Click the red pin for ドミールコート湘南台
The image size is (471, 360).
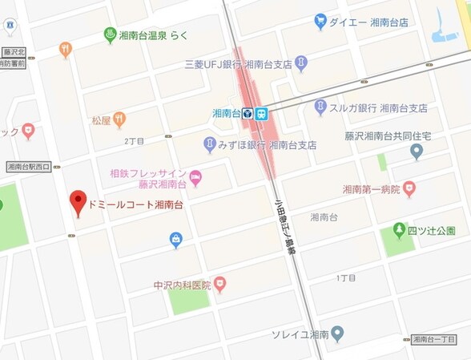[x=78, y=202]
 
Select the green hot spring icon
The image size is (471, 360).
[x=111, y=34]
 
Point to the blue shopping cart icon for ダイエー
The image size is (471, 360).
[x=320, y=21]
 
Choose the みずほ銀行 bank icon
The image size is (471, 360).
[x=210, y=145]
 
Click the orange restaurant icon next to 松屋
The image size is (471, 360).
[x=119, y=120]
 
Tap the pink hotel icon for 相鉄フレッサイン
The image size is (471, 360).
[x=195, y=176]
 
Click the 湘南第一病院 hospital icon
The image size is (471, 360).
[x=409, y=189]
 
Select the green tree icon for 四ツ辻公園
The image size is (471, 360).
[x=399, y=231]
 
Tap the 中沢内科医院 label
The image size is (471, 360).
[x=181, y=285]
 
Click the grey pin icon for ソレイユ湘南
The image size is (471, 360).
[x=337, y=333]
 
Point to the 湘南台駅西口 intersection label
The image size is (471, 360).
[x=27, y=167]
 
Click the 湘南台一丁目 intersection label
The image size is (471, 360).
[x=439, y=340]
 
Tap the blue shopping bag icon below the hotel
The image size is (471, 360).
[x=175, y=238]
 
